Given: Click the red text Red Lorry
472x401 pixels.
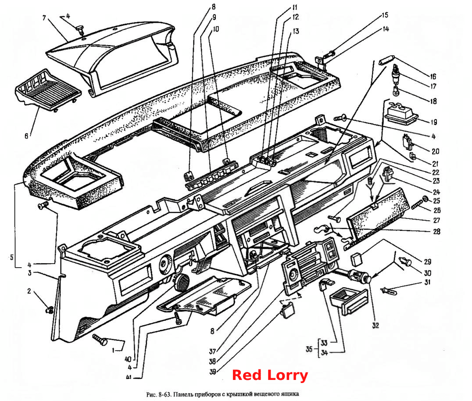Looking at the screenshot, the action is (x=270, y=376).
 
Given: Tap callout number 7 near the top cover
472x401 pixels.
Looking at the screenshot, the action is (x=44, y=18).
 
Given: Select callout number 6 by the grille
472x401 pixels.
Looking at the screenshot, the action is (x=26, y=136).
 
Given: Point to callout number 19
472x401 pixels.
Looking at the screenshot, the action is (x=433, y=122).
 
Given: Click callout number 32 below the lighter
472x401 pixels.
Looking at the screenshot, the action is (x=375, y=325).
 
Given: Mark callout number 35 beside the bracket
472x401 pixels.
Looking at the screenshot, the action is (x=309, y=349).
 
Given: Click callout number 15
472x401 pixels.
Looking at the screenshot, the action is (x=385, y=15).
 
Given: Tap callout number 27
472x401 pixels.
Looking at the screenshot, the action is (x=436, y=220).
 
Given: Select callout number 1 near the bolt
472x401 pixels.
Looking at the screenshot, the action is (x=114, y=350).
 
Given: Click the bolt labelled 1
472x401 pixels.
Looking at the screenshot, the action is (x=100, y=339).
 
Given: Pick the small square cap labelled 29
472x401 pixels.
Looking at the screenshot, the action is (x=356, y=259).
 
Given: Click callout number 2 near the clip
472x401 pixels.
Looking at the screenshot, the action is (x=29, y=291).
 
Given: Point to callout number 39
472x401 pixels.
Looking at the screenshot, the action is (x=212, y=372).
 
